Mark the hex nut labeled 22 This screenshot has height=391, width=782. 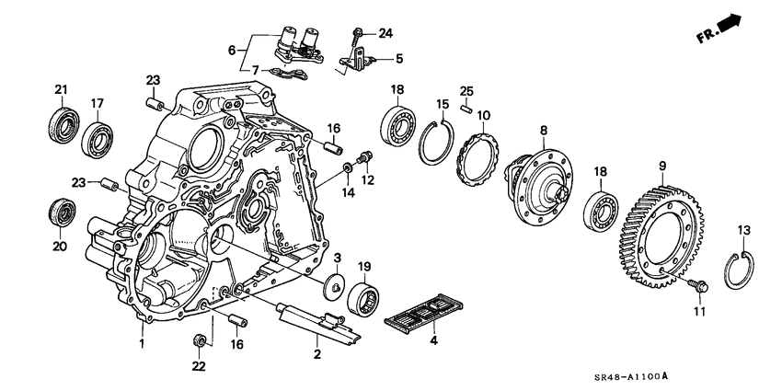[199, 342]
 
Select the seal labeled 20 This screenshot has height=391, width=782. [61, 212]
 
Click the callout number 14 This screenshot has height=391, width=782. [348, 193]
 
